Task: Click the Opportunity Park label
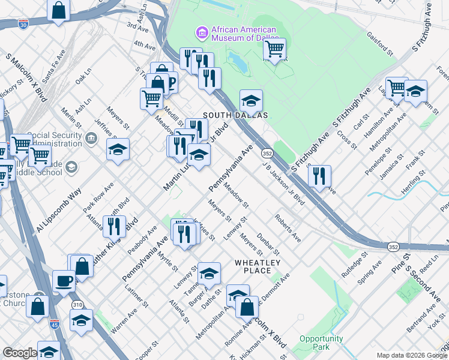321,343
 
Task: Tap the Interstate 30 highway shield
23,25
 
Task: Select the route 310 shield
77,305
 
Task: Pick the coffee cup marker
64,281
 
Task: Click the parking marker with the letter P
170,82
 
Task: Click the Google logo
19,353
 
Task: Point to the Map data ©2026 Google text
412,355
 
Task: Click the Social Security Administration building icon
91,139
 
